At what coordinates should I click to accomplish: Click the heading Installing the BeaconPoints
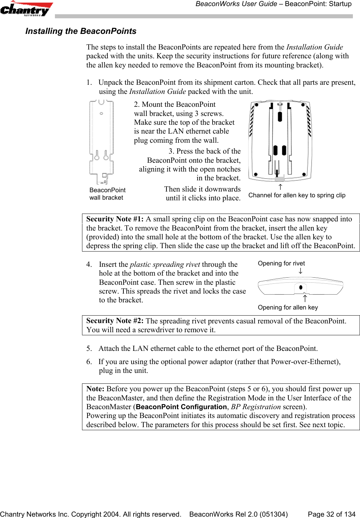point(81,31)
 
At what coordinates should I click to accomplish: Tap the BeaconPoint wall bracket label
point(107,194)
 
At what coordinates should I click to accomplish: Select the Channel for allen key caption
point(297,195)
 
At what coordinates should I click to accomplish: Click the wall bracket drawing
point(101,142)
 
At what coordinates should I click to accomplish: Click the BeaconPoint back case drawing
point(280,141)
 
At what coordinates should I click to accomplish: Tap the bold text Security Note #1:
point(115,219)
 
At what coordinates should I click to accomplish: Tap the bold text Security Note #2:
point(115,321)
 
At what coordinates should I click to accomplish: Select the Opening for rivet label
point(281,263)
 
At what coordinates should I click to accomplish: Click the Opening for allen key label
point(287,307)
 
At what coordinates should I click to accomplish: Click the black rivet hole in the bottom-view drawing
point(301,287)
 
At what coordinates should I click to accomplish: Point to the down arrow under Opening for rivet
point(300,271)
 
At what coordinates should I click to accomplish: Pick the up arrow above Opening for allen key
point(305,299)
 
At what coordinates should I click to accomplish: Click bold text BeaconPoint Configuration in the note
point(181,407)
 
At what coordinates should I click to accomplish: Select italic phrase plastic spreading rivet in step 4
point(165,264)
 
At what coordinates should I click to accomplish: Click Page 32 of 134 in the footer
point(331,514)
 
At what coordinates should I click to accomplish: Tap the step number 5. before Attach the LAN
point(89,348)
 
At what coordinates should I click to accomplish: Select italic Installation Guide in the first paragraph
point(314,47)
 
